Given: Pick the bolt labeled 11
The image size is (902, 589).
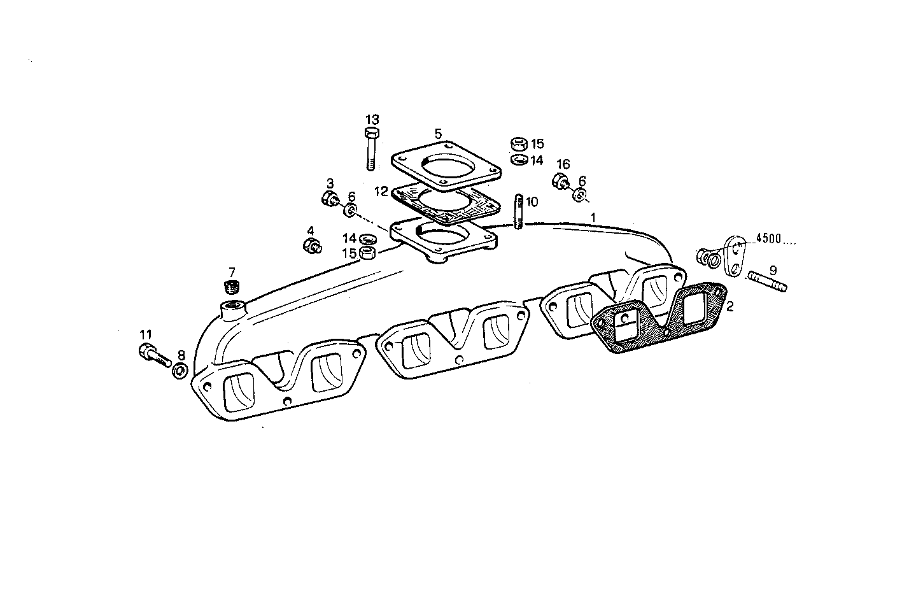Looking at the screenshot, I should [152, 354].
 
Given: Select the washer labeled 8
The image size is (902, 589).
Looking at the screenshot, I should [180, 371].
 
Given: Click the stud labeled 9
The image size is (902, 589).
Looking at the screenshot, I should [768, 281].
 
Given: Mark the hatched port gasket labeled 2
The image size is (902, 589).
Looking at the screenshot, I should [656, 322].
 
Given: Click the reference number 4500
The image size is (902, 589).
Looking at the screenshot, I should [768, 239].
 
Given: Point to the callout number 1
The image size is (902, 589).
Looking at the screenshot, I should [593, 217].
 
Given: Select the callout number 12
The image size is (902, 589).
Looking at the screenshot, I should [381, 190].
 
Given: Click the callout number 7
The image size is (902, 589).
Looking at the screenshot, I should [232, 272].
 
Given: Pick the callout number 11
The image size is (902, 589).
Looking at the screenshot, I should [146, 334].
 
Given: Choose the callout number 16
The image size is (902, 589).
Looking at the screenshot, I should [563, 165].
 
